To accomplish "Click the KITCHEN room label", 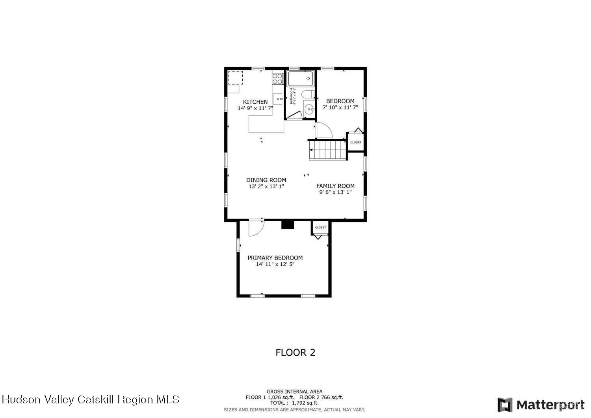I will tap(255, 102).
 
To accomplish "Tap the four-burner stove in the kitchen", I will tap(278, 79).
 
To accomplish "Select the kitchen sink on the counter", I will tap(278, 99).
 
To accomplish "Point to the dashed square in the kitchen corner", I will tap(236, 78).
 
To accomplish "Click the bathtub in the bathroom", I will tap(301, 78).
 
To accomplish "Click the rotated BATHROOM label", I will tap(292, 96).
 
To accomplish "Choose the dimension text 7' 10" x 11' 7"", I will tap(340, 107).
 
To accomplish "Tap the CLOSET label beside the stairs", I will tap(355, 142).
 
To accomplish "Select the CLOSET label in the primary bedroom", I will tap(320, 228).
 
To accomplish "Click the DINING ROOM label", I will tap(266, 180).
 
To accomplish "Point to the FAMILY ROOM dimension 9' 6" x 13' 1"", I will tap(335, 192).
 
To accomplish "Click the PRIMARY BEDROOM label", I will tap(275, 258).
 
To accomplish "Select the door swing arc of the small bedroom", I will tap(324, 131).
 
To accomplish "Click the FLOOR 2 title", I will tap(295, 353).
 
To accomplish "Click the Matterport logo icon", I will tap(505, 405).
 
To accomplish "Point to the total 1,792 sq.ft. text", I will tap(295, 403).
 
